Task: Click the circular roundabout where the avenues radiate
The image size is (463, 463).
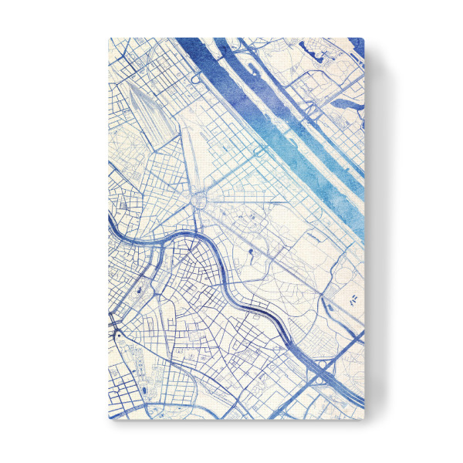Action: tap(200, 202)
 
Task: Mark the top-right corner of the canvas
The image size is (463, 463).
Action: tap(363, 38)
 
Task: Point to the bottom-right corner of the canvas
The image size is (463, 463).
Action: tap(363, 420)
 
